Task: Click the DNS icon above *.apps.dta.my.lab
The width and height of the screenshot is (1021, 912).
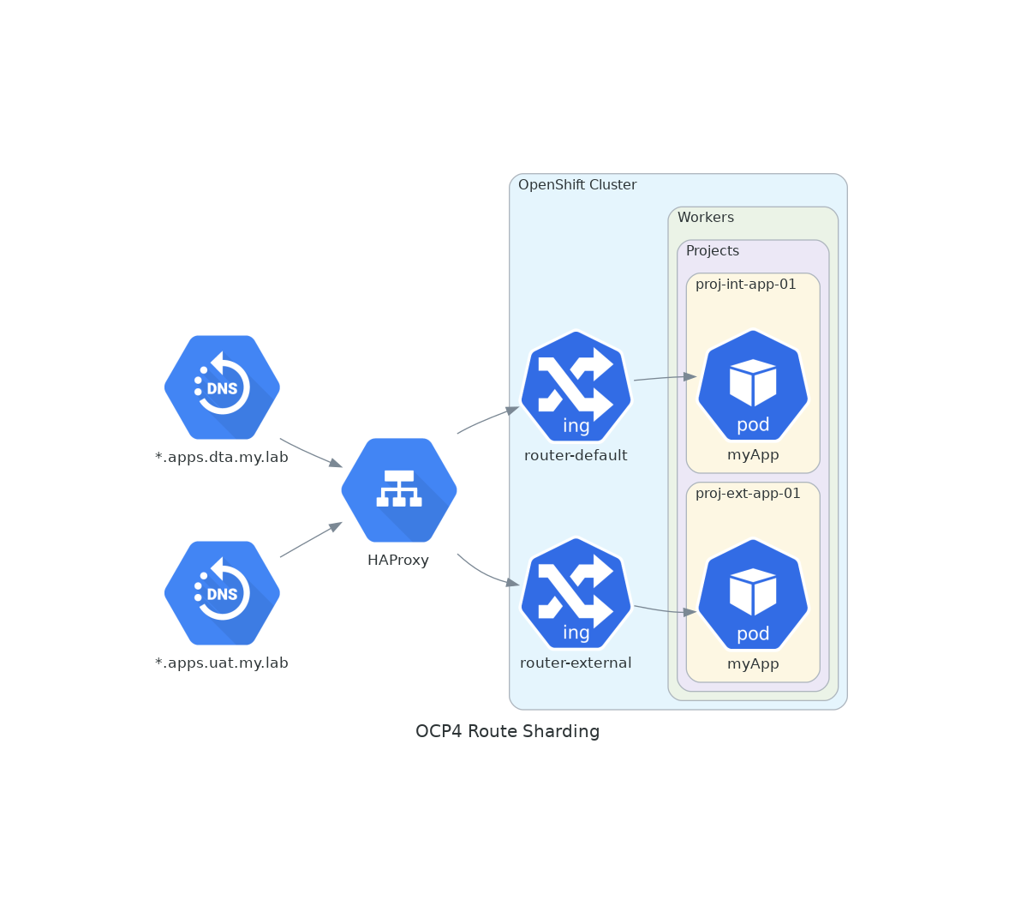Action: (222, 387)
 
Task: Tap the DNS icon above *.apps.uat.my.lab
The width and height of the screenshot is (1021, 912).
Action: (222, 593)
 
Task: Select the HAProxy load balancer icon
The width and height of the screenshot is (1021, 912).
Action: (399, 490)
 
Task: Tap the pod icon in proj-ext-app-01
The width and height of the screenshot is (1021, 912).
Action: (753, 595)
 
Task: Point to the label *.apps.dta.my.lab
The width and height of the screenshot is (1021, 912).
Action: (222, 457)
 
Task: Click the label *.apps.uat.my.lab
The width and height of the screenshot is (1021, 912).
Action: (222, 663)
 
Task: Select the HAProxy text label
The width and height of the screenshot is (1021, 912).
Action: (398, 560)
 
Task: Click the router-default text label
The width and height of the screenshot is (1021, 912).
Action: (576, 455)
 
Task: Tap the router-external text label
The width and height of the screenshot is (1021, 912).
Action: (576, 663)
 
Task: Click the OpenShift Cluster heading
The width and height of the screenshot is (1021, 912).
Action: (577, 185)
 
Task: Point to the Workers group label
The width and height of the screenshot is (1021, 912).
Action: (706, 218)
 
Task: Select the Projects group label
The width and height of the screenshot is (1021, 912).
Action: (713, 251)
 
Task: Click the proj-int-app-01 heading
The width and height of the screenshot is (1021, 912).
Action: (746, 285)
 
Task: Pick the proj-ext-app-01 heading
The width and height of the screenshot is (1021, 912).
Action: (748, 494)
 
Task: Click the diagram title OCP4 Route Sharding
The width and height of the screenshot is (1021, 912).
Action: (507, 731)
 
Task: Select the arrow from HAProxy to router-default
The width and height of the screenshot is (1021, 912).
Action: (487, 419)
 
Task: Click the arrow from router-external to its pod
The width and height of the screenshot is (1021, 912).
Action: (664, 610)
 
